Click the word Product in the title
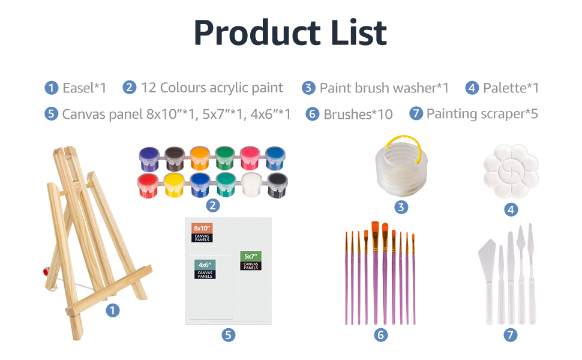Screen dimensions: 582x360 pos(257,32)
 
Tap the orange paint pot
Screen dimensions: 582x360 pos(200,158)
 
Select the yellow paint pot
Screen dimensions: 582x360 pos(174,184)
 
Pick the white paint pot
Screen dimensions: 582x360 pos(251,184)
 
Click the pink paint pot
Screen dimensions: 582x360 pos(250,158)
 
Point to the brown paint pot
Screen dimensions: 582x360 pos(175,158)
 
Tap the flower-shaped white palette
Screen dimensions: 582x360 pos(511,171)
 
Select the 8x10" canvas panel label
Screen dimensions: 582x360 pos(202,233)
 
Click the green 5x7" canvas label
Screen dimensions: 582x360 pos(251,260)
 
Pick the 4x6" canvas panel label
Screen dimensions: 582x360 pos(205,269)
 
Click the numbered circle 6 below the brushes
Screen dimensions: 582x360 pos(381,335)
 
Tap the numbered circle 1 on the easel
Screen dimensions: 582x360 pos(112,310)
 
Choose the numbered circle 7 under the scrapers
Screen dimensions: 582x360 pos(511,335)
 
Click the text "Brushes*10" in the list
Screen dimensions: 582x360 pos(358,115)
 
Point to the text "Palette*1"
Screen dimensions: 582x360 pos(511,88)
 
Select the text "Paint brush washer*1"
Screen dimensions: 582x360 pos(384,88)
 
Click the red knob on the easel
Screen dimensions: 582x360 pos(46,272)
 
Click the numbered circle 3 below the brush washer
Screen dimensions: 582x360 pos(401,207)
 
